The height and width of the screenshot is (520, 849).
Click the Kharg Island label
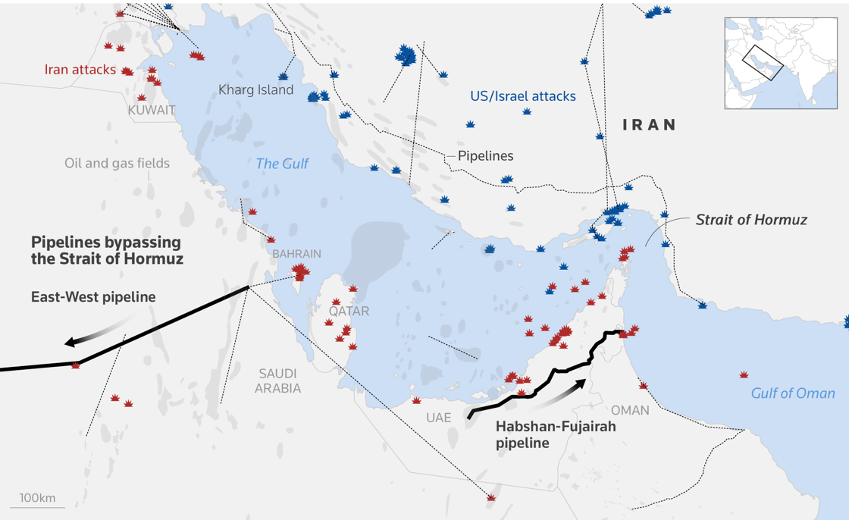(x=255, y=90)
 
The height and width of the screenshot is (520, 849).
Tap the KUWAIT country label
(x=152, y=111)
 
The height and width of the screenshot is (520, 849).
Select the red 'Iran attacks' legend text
(x=80, y=70)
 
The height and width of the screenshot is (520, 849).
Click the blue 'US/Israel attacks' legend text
(x=522, y=96)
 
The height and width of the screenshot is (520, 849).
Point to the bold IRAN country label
(x=649, y=125)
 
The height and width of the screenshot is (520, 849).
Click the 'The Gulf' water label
(x=282, y=164)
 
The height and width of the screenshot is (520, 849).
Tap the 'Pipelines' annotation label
(x=485, y=156)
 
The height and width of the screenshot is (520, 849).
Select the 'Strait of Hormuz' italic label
(x=750, y=220)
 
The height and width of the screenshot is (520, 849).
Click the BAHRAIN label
(x=296, y=254)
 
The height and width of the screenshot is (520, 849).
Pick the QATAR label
(x=349, y=312)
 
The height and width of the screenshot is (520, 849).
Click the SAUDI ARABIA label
(x=277, y=381)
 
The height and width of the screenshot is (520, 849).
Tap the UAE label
(x=438, y=418)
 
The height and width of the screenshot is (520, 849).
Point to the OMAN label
(x=630, y=410)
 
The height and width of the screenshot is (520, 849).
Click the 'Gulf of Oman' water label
(x=792, y=393)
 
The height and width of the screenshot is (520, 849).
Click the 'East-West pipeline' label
(x=93, y=297)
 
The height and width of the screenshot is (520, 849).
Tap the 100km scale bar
(x=37, y=500)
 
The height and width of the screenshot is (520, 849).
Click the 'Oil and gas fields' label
(x=117, y=164)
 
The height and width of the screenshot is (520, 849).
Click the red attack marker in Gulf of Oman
(x=744, y=375)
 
